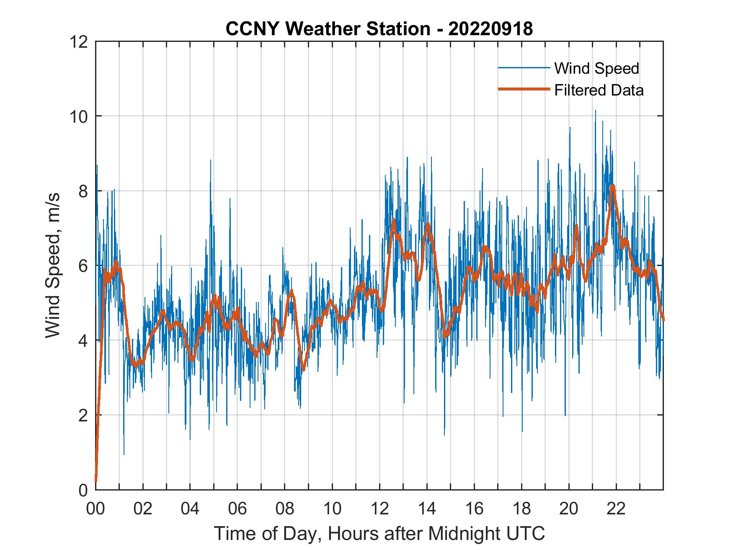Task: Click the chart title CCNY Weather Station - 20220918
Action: pos(379,29)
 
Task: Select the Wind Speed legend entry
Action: pos(596,68)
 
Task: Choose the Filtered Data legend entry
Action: pos(599,90)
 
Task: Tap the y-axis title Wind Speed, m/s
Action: pos(53,265)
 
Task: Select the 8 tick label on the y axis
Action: pos(83,191)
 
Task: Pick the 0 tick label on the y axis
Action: pos(83,490)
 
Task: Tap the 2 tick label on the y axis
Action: pos(83,415)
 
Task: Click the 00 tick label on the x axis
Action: pos(95,509)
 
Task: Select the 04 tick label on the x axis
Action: pos(190,509)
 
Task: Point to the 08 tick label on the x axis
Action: pos(285,509)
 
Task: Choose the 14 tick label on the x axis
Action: pos(427,509)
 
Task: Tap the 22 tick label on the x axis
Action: pos(616,509)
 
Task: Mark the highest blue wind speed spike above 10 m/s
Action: pos(595,111)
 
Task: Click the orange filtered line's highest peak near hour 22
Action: pos(613,186)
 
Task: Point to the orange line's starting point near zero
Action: pos(96,481)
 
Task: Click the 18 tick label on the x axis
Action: pos(521,509)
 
